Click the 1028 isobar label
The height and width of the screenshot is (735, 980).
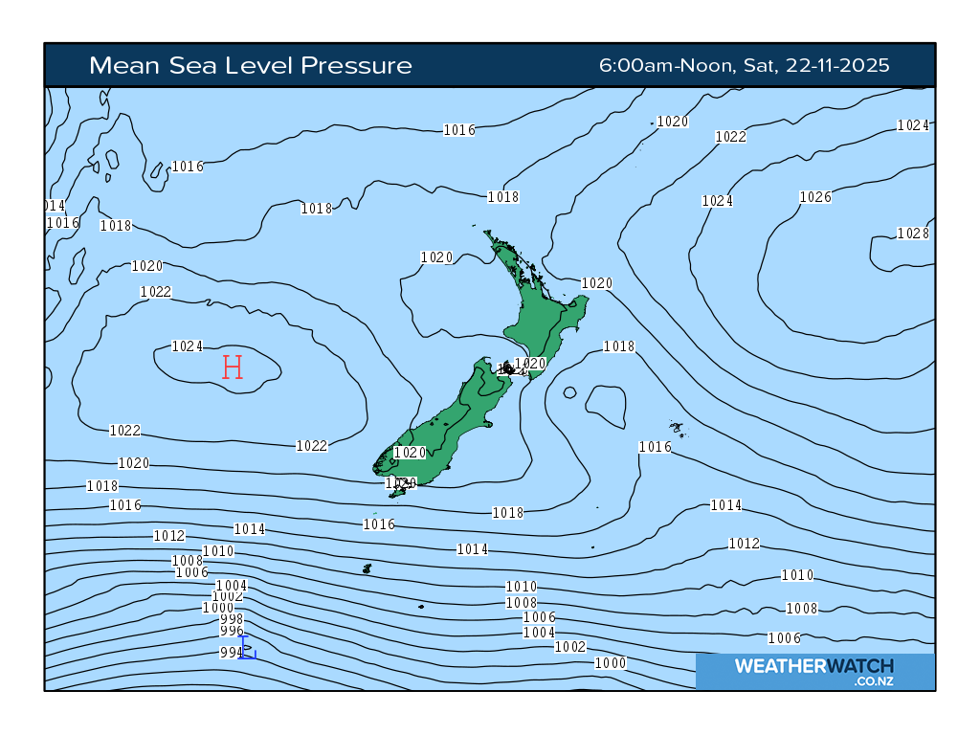[913, 234]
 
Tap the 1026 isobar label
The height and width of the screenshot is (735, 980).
[815, 197]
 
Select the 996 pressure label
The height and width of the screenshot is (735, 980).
[232, 632]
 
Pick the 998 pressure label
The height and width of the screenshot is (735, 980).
[232, 619]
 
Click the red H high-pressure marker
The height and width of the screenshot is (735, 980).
[232, 367]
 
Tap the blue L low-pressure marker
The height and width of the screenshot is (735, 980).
[247, 647]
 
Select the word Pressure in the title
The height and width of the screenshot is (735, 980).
[356, 66]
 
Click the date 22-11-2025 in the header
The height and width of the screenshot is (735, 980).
[838, 66]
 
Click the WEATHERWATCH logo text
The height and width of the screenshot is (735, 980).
[814, 666]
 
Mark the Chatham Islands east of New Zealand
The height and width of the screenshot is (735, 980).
[678, 428]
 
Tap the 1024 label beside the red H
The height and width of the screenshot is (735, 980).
[188, 345]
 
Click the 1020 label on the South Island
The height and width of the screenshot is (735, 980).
[410, 452]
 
